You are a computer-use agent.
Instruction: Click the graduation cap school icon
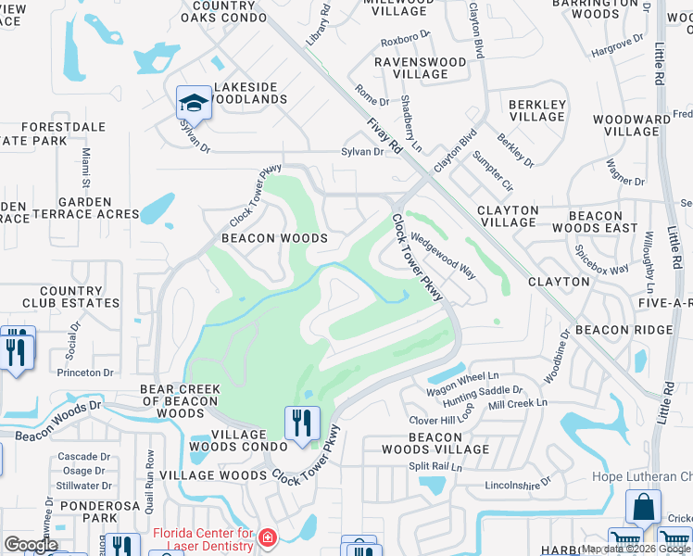pos(195,102)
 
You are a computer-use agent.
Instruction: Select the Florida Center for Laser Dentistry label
pos(202,539)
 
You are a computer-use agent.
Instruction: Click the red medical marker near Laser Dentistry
pos(267,537)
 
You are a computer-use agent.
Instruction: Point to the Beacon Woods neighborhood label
pos(274,238)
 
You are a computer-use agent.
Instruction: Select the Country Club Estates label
pos(71,297)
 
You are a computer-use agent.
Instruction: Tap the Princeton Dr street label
pos(84,373)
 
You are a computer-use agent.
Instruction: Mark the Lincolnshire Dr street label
pos(517,484)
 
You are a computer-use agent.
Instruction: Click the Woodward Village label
pos(631,126)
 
